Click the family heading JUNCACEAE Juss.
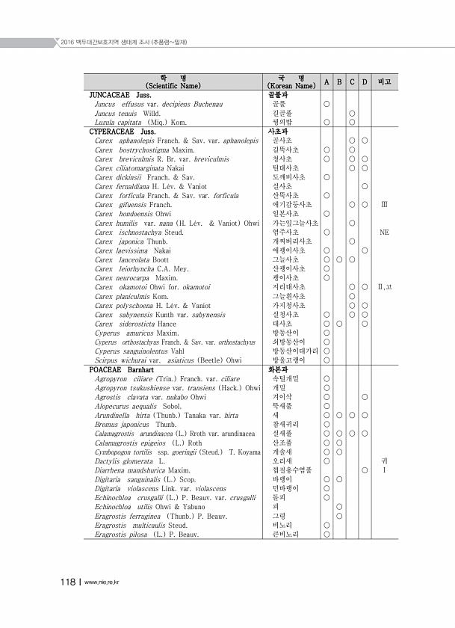[120, 96]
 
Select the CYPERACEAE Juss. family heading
[123, 131]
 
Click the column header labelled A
[326, 81]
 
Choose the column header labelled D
[364, 81]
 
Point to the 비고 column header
[385, 81]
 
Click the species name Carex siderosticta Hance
[136, 324]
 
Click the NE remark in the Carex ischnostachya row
[384, 233]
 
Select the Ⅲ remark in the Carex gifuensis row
[384, 203]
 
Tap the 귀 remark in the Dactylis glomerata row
[384, 461]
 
